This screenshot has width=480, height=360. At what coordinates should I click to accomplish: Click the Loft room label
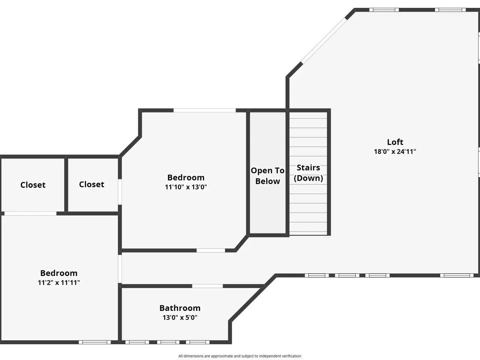[395, 142]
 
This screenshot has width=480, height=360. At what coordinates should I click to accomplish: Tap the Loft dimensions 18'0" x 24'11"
[395, 152]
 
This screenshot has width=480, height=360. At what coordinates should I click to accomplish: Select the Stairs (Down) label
[308, 173]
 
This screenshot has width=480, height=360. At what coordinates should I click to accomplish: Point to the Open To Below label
[267, 176]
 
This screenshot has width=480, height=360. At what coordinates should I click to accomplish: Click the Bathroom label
[180, 308]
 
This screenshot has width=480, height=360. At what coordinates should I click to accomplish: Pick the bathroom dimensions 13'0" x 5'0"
[180, 318]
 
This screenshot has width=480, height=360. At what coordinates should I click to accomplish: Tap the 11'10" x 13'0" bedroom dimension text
[186, 187]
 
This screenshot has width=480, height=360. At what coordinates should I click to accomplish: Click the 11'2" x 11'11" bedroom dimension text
[59, 283]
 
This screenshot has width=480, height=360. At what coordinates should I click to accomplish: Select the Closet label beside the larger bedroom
[91, 184]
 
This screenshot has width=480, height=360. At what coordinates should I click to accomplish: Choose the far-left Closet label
[33, 185]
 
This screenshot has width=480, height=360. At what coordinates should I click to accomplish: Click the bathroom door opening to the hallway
[207, 286]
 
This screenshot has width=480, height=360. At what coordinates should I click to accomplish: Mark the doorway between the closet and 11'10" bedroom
[120, 192]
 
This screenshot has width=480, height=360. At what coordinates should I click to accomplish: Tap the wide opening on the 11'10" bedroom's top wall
[205, 110]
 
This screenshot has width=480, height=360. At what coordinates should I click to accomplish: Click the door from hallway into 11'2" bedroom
[120, 269]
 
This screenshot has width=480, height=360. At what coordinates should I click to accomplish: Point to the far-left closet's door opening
[30, 213]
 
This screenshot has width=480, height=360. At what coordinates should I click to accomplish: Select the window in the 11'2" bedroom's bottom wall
[95, 342]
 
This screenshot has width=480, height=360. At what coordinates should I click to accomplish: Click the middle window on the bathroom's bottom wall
[168, 342]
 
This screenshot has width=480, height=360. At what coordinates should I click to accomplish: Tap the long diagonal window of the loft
[324, 40]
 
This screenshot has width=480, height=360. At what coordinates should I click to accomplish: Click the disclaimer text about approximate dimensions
[240, 356]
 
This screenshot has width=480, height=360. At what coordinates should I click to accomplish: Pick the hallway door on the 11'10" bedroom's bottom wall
[211, 250]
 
